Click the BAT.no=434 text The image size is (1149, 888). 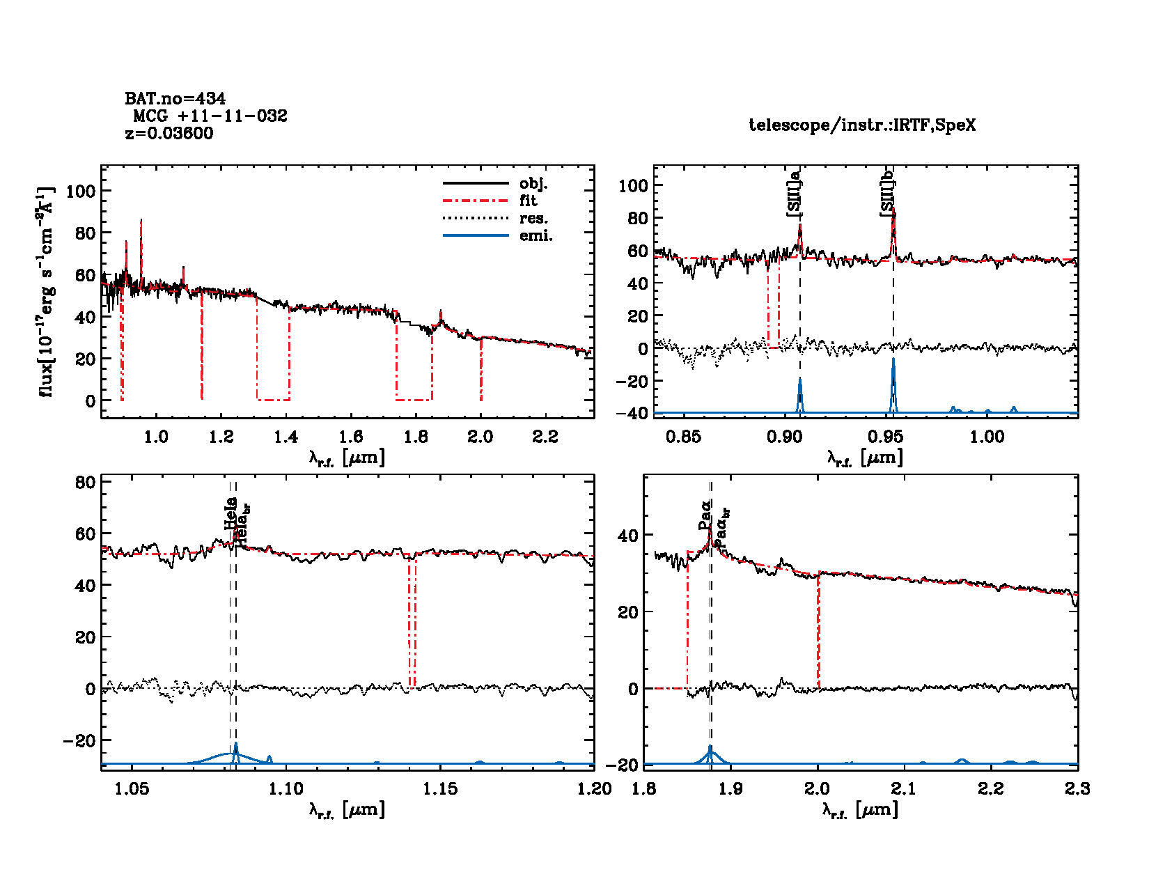point(175,99)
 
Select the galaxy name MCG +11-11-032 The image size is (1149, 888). point(210,116)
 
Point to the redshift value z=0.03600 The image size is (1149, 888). point(169,133)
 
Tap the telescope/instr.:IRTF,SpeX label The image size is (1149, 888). point(862,125)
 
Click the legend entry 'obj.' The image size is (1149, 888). point(533,184)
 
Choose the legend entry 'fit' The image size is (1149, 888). point(528,201)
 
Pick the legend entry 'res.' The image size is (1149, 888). point(533,218)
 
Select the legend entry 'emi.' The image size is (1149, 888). point(536,235)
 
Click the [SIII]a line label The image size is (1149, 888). point(795,194)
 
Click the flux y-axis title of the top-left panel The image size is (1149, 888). point(46,293)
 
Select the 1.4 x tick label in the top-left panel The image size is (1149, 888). point(286,437)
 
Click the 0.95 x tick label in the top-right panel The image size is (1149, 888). point(886,437)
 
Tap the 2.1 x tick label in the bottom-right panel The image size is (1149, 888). point(904,788)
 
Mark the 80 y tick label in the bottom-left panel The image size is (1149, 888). point(85,482)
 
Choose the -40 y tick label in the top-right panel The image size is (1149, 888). point(632,414)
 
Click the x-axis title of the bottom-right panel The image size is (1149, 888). point(859,809)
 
